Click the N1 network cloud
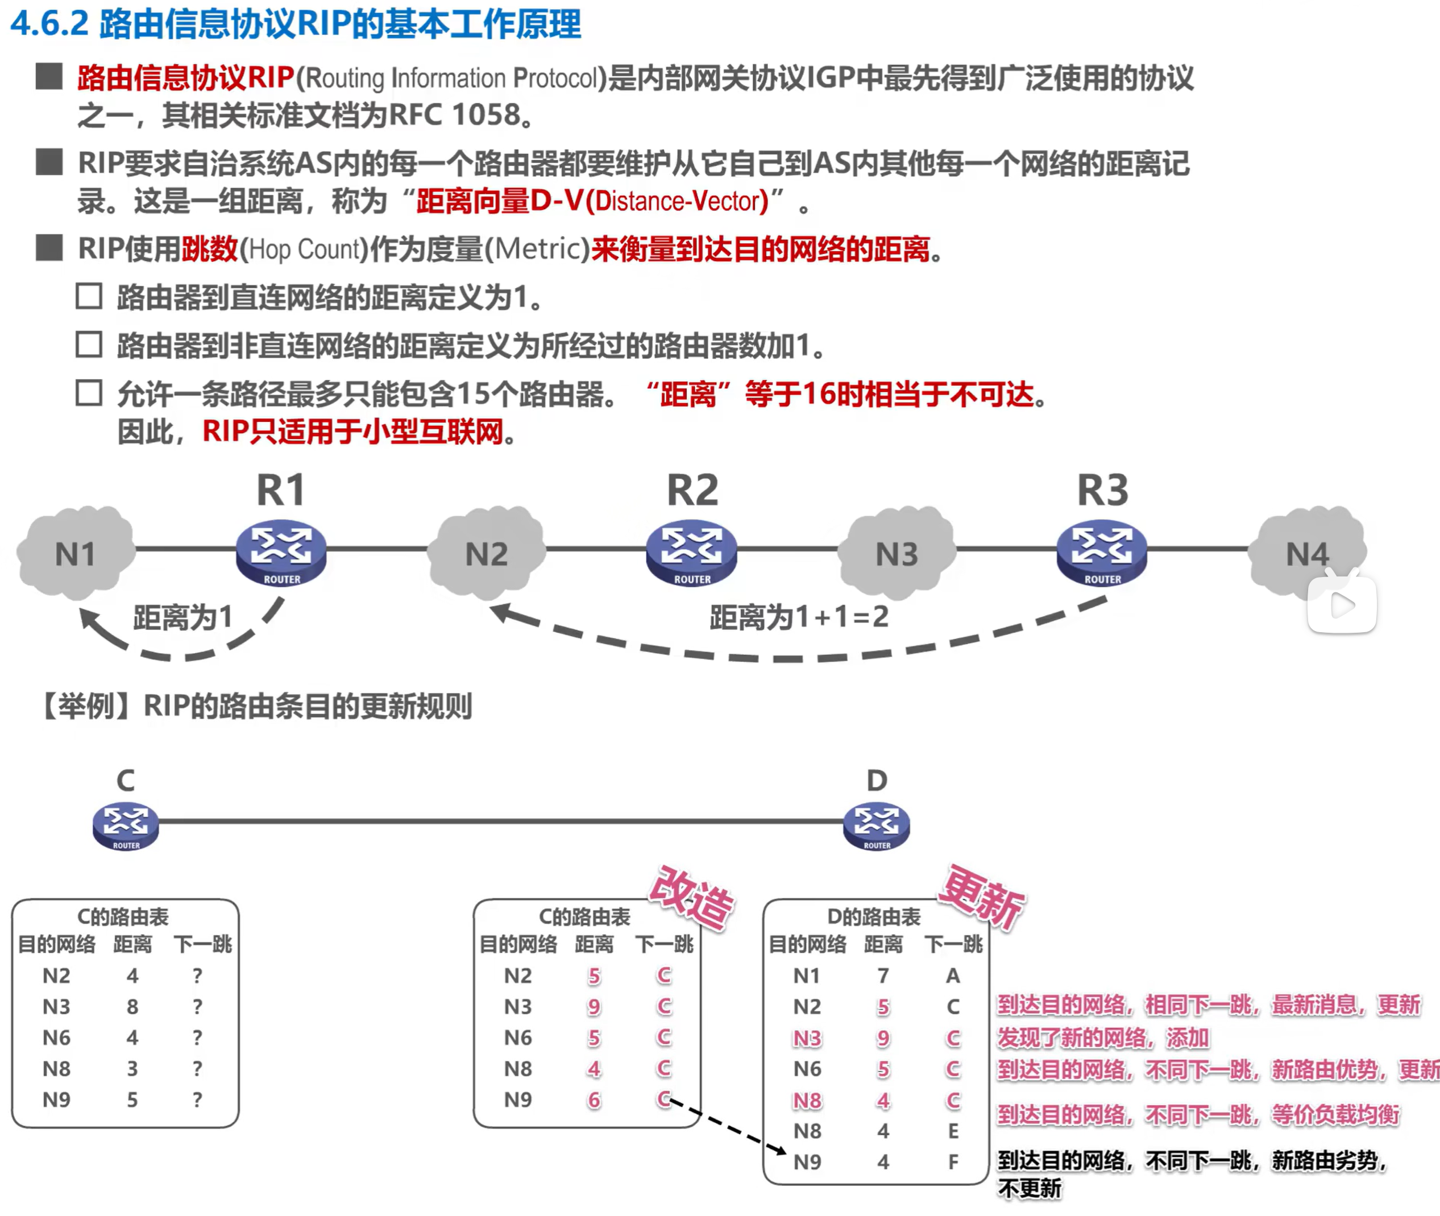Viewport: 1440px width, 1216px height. click(75, 554)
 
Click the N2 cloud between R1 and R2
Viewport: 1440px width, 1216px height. click(487, 554)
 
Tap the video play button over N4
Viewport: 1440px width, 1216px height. click(1342, 604)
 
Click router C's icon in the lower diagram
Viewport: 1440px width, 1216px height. click(126, 825)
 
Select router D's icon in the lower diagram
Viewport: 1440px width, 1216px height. click(876, 825)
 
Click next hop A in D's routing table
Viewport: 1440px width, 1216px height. click(953, 976)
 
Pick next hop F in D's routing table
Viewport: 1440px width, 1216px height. click(953, 1161)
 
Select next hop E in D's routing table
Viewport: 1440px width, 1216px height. click(953, 1131)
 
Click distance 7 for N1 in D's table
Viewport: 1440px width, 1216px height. click(883, 976)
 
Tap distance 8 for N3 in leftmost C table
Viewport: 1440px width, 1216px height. click(132, 1006)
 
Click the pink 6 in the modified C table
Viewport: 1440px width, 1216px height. click(594, 1099)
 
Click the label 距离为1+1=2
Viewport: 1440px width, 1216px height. click(799, 617)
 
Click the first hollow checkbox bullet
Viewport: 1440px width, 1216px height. click(89, 296)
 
